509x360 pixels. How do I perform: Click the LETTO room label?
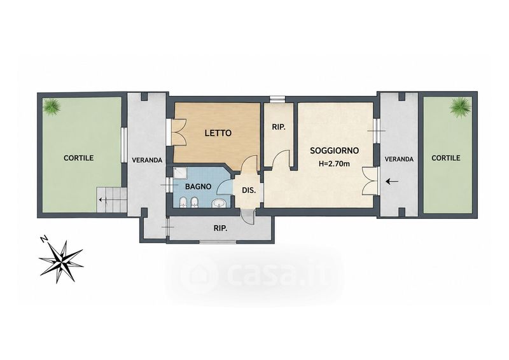218,133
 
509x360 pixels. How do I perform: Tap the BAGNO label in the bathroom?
198,186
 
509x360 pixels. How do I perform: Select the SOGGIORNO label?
335,151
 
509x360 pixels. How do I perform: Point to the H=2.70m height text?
334,163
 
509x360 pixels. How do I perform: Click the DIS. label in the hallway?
249,191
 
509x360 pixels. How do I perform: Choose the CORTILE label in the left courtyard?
78,158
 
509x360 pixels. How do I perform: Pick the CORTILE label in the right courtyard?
446,158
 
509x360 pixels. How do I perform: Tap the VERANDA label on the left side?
147,160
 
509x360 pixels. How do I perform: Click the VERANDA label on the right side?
399,159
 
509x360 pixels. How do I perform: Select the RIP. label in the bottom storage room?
220,228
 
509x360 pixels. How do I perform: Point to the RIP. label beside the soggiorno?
279,128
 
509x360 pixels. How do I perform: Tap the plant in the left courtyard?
52,106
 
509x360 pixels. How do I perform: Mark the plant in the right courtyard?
460,106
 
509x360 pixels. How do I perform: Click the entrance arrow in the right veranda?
392,181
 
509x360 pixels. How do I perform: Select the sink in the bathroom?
219,204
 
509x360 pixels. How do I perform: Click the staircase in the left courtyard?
111,200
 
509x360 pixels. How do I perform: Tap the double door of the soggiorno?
369,181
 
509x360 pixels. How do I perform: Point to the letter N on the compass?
44,240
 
